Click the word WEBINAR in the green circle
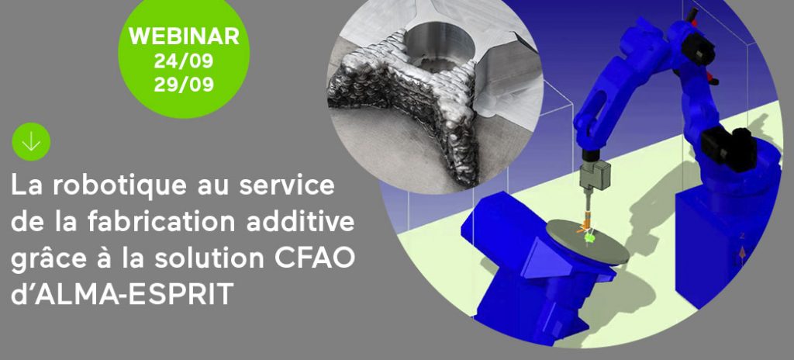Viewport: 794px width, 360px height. (x=184, y=36)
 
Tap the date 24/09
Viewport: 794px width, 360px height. (x=184, y=61)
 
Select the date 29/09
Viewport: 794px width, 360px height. (x=184, y=85)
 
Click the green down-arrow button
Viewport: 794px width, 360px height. (x=31, y=142)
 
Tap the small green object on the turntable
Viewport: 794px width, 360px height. (x=589, y=237)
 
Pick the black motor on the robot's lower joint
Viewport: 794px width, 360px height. (x=729, y=144)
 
